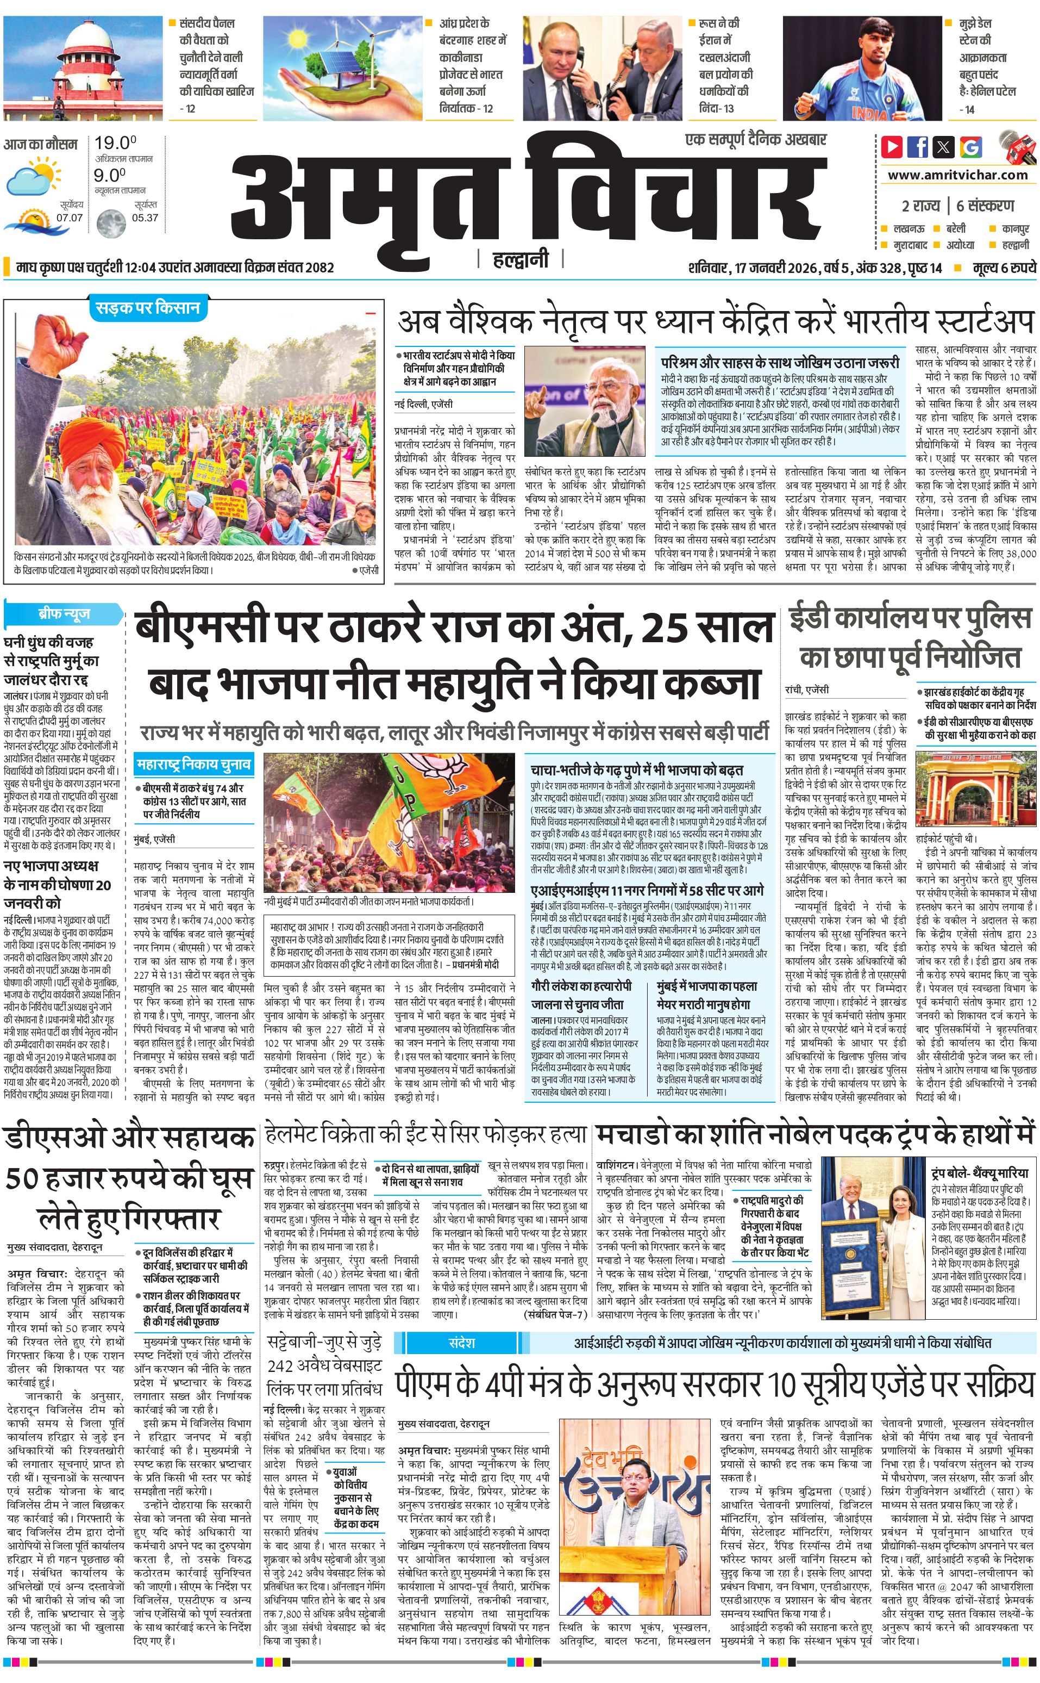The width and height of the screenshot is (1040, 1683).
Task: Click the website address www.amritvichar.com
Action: pyautogui.click(x=957, y=175)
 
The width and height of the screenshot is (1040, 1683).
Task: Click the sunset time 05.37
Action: pyautogui.click(x=145, y=218)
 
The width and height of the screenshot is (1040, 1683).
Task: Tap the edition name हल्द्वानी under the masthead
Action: pyautogui.click(x=521, y=259)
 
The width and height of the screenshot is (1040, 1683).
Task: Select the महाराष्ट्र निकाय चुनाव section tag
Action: pyautogui.click(x=193, y=764)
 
